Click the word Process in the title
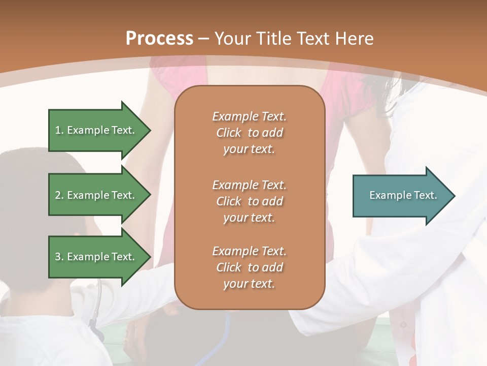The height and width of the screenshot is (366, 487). click(159, 39)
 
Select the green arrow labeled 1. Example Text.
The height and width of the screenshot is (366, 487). click(96, 130)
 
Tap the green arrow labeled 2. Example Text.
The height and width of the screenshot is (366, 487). click(96, 195)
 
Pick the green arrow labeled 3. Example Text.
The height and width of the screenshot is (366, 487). click(96, 257)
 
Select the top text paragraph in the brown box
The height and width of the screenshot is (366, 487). click(249, 133)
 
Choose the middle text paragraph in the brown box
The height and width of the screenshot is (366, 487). click(249, 201)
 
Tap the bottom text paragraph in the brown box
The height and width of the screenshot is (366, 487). click(249, 267)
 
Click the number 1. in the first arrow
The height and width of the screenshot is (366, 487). click(59, 130)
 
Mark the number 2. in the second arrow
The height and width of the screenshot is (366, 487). click(59, 195)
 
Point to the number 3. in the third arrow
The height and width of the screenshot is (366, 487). click(59, 257)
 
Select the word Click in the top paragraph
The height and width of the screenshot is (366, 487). click(228, 133)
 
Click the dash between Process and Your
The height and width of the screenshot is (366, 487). click(203, 39)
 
